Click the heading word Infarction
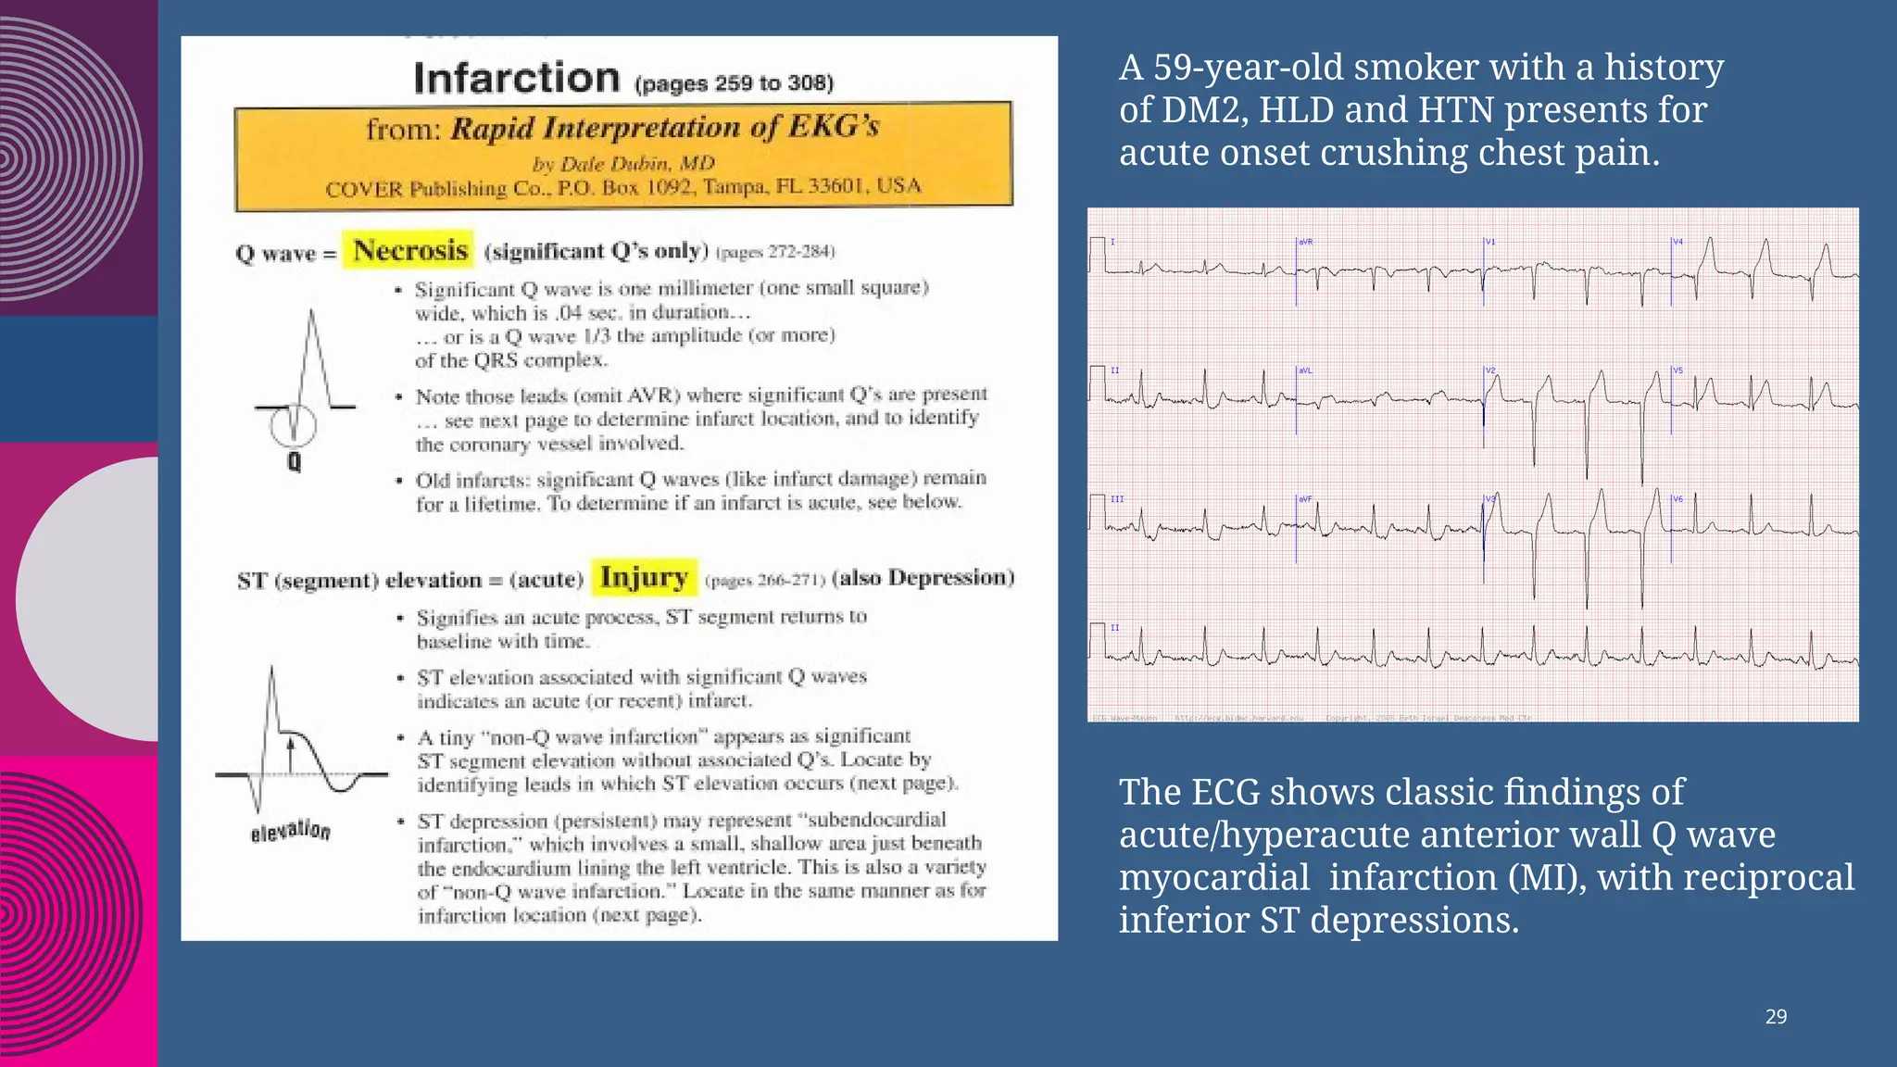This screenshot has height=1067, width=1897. pos(516,78)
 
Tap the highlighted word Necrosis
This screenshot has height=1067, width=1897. pos(409,250)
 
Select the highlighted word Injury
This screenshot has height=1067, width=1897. pos(644,577)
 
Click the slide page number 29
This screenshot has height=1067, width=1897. pos(1776,1017)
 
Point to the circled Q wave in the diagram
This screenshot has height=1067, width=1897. pos(294,426)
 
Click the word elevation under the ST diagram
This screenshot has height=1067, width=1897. pos(290,830)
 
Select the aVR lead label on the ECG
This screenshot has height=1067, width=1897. pos(1306,242)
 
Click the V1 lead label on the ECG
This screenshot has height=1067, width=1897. pos(1491,242)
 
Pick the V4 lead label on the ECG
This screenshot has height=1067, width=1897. pos(1677,242)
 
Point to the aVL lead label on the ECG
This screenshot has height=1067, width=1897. pos(1306,370)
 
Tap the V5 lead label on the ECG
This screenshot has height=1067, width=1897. pos(1677,370)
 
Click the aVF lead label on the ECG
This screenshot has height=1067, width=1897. pos(1306,499)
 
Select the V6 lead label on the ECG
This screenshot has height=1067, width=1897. pos(1677,499)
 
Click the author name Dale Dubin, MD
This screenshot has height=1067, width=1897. pos(623,164)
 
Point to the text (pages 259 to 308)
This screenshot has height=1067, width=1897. pos(734,83)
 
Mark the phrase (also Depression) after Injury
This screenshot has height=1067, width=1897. pos(923,578)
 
